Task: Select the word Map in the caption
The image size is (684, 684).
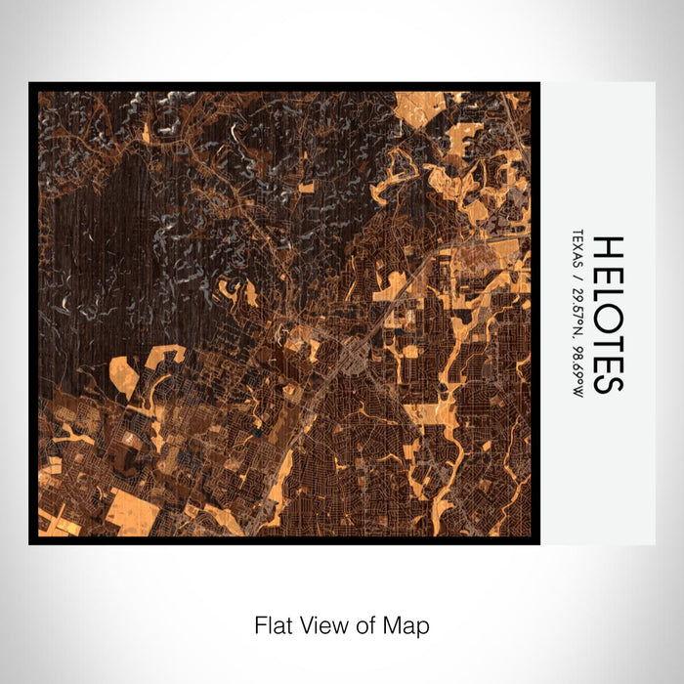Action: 406,623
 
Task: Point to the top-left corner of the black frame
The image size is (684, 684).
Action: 31,85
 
